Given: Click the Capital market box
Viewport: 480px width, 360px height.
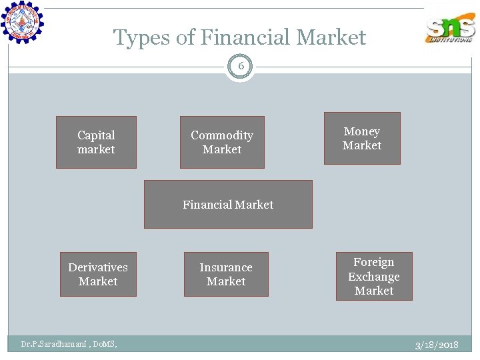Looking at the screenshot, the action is click(96, 142).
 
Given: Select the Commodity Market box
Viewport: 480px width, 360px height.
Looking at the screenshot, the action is click(222, 142).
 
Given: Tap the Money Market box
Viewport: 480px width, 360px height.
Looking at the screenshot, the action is click(362, 138).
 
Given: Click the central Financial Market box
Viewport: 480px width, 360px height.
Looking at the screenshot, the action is click(228, 205).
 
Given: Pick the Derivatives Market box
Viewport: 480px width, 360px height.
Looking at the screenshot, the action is click(98, 274).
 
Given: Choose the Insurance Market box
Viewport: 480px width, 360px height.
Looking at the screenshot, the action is click(226, 274).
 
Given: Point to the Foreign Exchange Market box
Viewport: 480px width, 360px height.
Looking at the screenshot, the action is click(374, 276).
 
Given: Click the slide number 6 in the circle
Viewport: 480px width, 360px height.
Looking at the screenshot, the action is click(241, 67).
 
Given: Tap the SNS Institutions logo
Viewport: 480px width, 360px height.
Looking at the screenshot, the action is click(451, 28).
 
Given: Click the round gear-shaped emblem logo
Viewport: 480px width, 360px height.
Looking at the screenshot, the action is click(22, 22).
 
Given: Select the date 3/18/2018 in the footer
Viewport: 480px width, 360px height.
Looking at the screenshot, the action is click(437, 345).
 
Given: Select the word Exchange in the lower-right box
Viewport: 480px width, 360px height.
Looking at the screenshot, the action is click(374, 277).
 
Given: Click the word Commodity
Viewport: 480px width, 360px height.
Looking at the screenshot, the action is click(222, 135).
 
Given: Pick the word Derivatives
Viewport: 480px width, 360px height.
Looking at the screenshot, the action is click(98, 267).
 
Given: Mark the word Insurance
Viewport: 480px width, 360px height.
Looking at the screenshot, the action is click(226, 267).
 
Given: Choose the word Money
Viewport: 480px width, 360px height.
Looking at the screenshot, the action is click(362, 131).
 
